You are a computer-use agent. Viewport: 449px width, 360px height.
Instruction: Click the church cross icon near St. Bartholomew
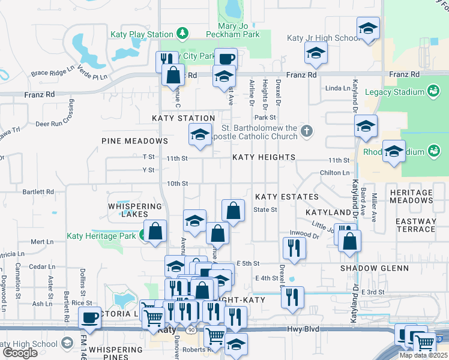(x=307, y=131)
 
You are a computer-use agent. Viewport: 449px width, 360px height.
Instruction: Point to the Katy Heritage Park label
(x=101, y=236)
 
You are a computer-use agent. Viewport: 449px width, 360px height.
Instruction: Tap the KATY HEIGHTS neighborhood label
(x=264, y=157)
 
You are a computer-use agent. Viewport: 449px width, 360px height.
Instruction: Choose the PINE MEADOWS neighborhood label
(x=134, y=141)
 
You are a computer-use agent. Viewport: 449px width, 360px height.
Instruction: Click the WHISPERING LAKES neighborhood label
(x=135, y=210)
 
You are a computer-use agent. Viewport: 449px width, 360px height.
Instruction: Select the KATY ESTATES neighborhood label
(x=286, y=197)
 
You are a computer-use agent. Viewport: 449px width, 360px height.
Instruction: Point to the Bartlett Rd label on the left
(x=37, y=192)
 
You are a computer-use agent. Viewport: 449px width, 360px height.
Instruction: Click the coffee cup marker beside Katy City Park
(x=226, y=59)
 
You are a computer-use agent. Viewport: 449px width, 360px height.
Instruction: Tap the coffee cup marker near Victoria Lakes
(x=90, y=317)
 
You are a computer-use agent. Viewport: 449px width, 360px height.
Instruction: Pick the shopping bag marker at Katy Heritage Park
(x=155, y=232)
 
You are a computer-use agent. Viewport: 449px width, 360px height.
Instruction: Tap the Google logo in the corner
(x=20, y=353)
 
